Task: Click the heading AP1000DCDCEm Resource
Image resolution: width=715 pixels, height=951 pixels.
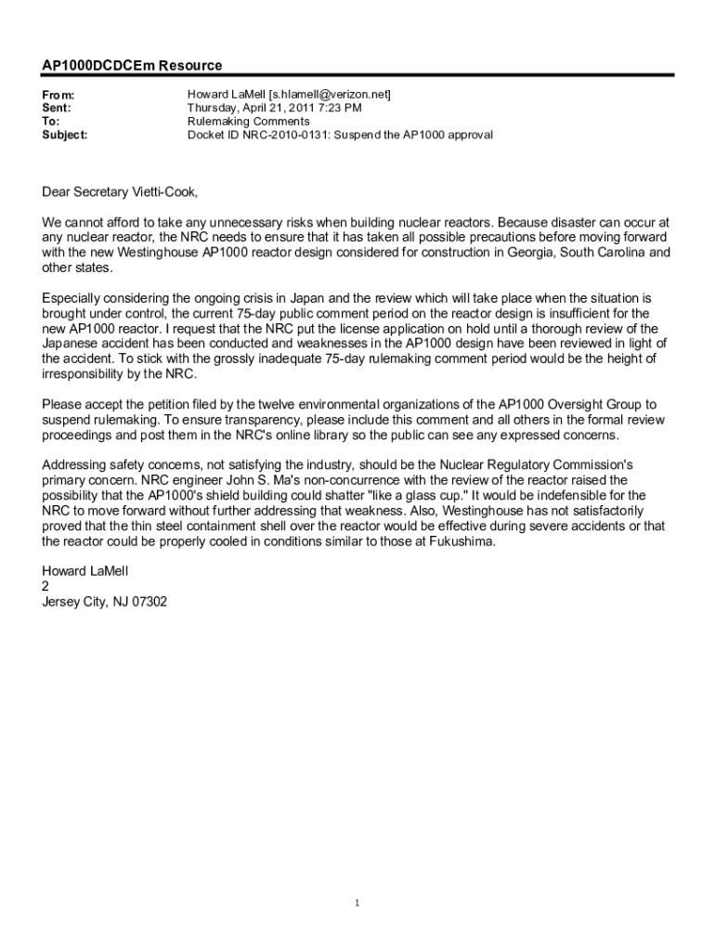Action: coord(132,66)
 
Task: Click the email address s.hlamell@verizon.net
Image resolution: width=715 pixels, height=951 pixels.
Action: coord(329,95)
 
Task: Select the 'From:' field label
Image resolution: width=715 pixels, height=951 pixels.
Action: coord(58,96)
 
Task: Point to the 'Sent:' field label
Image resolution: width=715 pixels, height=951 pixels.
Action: coord(58,109)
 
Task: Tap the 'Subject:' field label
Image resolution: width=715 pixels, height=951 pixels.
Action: coord(65,135)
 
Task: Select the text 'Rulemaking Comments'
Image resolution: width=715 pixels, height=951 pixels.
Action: coord(249,121)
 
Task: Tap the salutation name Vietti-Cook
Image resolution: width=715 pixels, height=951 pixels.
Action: coord(167,192)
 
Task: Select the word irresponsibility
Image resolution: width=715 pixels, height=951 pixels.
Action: coord(90,373)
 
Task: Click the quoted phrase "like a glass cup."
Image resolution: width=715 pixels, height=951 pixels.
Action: coord(414,495)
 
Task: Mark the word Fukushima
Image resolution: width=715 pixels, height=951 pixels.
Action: coord(459,541)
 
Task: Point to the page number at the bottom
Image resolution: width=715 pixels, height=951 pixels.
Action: coord(357,902)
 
